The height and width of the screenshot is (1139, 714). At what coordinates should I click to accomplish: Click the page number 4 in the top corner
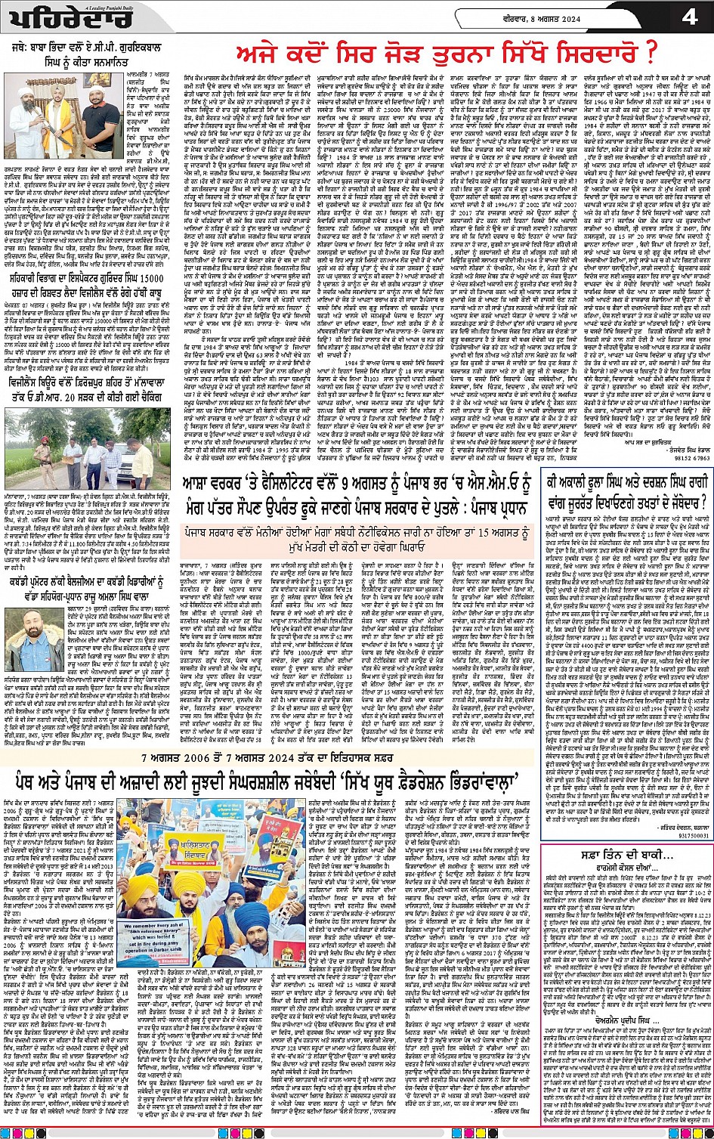[x=689, y=17]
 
